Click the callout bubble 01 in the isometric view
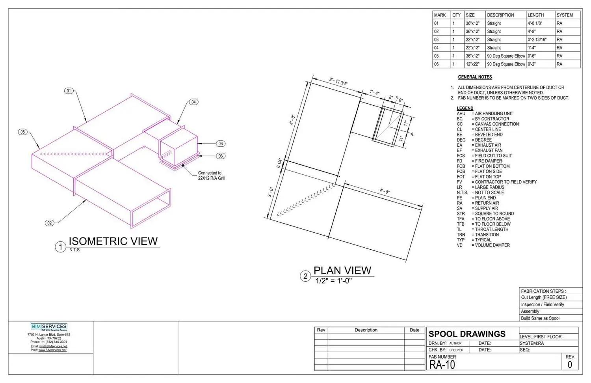pyautogui.click(x=69, y=91)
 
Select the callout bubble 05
pyautogui.click(x=23, y=132)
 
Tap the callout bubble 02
pyautogui.click(x=49, y=223)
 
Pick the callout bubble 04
pyautogui.click(x=193, y=102)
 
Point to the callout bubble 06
pyautogui.click(x=221, y=144)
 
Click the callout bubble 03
pyautogui.click(x=221, y=156)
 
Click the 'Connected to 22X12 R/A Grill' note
pyautogui.click(x=211, y=176)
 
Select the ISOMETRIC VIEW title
pyautogui.click(x=113, y=241)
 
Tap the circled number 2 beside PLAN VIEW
pyautogui.click(x=305, y=277)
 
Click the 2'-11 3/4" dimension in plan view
pyautogui.click(x=338, y=82)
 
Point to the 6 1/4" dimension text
pyautogui.click(x=279, y=163)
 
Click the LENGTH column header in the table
pyautogui.click(x=535, y=15)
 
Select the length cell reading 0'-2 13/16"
pyautogui.click(x=537, y=39)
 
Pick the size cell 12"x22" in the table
pyautogui.click(x=472, y=64)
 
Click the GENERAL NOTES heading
pyautogui.click(x=475, y=77)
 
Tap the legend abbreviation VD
pyautogui.click(x=460, y=245)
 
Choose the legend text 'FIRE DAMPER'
pyautogui.click(x=488, y=161)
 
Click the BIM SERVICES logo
pyautogui.click(x=49, y=327)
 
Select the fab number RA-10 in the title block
pyautogui.click(x=442, y=365)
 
